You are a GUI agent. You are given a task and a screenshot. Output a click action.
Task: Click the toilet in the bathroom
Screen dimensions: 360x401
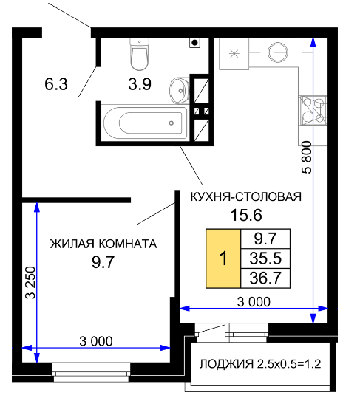pos(139,54)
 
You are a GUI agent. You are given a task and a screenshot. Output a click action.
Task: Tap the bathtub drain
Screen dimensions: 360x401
pos(171,123)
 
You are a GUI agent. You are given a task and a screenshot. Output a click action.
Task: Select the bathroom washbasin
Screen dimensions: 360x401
pos(179,90)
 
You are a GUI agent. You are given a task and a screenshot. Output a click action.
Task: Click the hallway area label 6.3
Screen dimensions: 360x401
pos(56,84)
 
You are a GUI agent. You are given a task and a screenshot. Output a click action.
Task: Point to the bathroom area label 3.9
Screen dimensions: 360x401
pos(140,84)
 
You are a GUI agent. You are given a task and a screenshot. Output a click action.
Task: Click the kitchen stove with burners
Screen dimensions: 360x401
pos(313,111)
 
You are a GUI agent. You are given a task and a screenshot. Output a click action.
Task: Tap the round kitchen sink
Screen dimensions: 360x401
pos(278,52)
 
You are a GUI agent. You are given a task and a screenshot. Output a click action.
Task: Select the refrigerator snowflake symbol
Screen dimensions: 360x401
pos(234,54)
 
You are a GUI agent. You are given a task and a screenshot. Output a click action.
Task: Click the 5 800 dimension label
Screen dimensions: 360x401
pos(307,157)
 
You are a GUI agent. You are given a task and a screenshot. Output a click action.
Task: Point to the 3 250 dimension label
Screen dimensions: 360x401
pos(30,283)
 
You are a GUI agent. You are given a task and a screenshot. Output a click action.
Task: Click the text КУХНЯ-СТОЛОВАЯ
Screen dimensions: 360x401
pos(246,197)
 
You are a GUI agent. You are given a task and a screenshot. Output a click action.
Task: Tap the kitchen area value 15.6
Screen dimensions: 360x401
pos(246,215)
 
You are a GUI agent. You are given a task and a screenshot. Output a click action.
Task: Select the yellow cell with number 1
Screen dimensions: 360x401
pos(223,258)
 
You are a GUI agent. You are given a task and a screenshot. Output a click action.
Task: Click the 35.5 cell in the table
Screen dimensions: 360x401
pos(265,258)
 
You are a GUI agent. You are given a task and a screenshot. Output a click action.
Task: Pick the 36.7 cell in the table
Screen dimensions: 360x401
pos(265,278)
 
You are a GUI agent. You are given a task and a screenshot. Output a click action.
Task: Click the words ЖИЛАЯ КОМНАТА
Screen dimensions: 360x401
pos(103,244)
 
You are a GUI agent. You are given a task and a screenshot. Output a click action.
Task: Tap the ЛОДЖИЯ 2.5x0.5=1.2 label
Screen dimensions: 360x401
pos(260,364)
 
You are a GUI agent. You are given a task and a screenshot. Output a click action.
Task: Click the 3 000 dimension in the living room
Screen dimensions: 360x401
pos(96,341)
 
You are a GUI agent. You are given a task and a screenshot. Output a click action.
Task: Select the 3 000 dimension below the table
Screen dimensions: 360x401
pos(254,302)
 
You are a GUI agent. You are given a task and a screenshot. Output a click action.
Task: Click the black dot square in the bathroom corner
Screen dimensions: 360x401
pos(195,43)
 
